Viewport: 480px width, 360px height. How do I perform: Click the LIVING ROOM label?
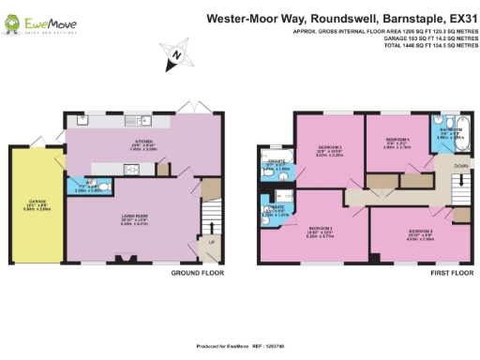point(137,217)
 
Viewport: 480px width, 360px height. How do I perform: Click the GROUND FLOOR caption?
point(196,274)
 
